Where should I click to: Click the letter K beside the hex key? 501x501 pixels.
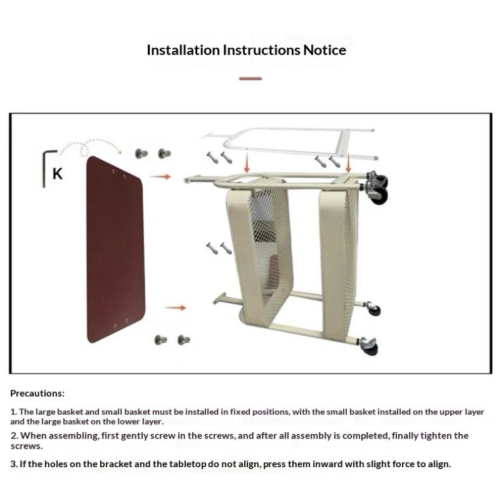[x=58, y=174]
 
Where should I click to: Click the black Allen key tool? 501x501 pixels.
[x=44, y=166]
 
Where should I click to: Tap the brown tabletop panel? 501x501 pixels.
[x=115, y=249]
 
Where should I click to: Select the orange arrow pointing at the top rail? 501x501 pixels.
[x=160, y=177]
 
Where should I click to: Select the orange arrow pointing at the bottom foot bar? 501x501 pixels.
[x=175, y=307]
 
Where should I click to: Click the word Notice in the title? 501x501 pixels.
[x=324, y=50]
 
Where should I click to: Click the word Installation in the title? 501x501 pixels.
[x=183, y=50]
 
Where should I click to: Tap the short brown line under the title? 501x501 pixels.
[x=250, y=79]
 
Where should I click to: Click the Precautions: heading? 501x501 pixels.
[x=38, y=393]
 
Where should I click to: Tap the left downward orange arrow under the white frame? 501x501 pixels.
[x=246, y=162]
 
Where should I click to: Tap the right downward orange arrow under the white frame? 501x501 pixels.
[x=348, y=162]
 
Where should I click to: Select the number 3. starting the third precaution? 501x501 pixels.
[x=14, y=464]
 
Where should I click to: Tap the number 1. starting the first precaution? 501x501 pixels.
[x=14, y=412]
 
